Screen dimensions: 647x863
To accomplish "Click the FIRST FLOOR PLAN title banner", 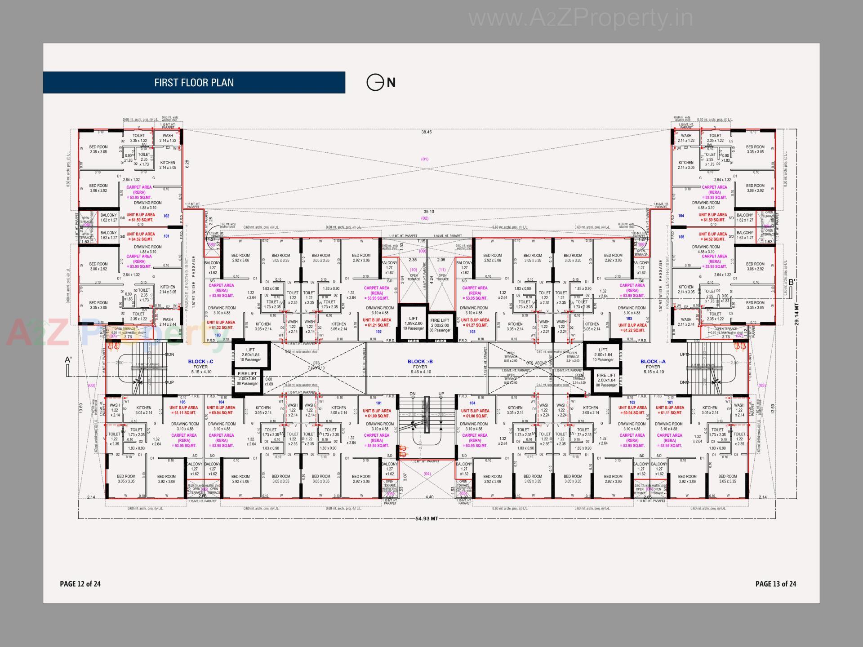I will tap(194, 83).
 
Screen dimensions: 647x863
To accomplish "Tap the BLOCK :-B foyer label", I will tap(420, 362).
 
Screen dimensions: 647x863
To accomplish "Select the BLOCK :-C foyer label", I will tap(200, 362).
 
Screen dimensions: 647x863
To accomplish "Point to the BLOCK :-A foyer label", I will tap(653, 362).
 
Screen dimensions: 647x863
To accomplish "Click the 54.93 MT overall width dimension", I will tap(427, 518).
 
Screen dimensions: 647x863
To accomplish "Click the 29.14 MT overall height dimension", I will tap(797, 315).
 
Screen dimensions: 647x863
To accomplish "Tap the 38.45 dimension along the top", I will tap(426, 132).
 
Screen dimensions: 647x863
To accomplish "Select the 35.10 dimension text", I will tap(428, 212).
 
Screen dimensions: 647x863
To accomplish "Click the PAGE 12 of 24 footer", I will tap(80, 584).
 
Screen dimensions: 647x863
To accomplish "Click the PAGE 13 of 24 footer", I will tap(775, 584).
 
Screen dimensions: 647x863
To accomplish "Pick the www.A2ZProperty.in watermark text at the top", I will tap(580, 18).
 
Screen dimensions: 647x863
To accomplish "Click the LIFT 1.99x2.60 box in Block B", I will tap(413, 323).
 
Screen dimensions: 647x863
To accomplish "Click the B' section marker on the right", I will tap(792, 282).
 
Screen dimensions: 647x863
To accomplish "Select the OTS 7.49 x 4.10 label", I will tap(316, 366).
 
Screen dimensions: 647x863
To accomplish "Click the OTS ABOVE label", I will tap(536, 363).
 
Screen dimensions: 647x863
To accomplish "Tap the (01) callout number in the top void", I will tap(425, 159).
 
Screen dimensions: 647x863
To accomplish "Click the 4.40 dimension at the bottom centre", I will tap(429, 497).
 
